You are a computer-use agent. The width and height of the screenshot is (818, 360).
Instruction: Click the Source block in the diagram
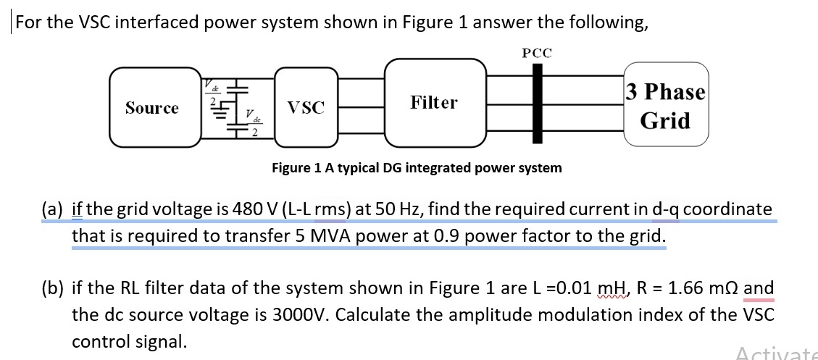click(x=152, y=108)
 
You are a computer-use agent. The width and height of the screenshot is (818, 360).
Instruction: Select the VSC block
click(x=306, y=108)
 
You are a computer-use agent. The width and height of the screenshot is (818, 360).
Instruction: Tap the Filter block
click(x=434, y=103)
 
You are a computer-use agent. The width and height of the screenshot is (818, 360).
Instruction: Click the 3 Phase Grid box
click(x=665, y=106)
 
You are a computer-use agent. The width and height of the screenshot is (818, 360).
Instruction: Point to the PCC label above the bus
click(x=536, y=53)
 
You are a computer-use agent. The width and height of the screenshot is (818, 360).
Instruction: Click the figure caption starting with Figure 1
click(x=416, y=168)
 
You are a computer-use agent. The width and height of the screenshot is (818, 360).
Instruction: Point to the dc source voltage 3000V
click(x=301, y=316)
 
